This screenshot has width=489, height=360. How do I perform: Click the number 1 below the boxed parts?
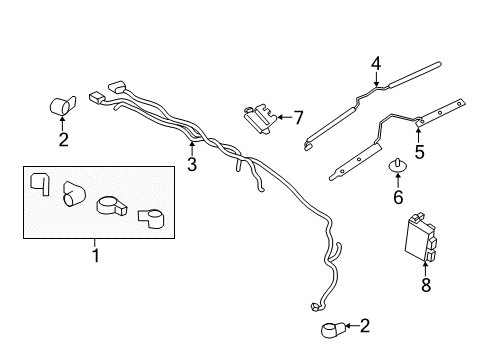[x=96, y=256]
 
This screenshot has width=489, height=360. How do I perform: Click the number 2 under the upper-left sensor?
[x=63, y=140]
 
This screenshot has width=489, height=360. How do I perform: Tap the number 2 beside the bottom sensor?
[x=363, y=325]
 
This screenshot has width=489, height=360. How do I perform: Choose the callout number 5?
[x=420, y=151]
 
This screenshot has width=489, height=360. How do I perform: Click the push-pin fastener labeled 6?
[x=398, y=166]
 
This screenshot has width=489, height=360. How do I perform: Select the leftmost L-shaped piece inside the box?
[x=40, y=184]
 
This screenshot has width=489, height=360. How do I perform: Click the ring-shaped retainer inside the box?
[x=112, y=208]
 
